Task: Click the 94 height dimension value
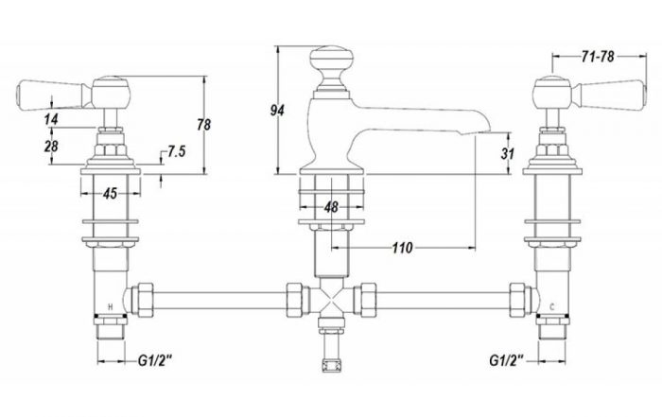pyautogui.click(x=277, y=110)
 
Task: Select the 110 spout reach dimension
pyautogui.click(x=402, y=248)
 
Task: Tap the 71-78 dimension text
pyautogui.click(x=598, y=57)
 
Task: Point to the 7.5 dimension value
pyautogui.click(x=177, y=151)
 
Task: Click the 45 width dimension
pyautogui.click(x=110, y=194)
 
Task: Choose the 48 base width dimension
pyautogui.click(x=331, y=207)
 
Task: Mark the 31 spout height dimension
pyautogui.click(x=508, y=153)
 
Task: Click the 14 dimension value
pyautogui.click(x=51, y=119)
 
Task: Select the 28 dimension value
pyautogui.click(x=51, y=146)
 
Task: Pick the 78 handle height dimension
pyautogui.click(x=204, y=125)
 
